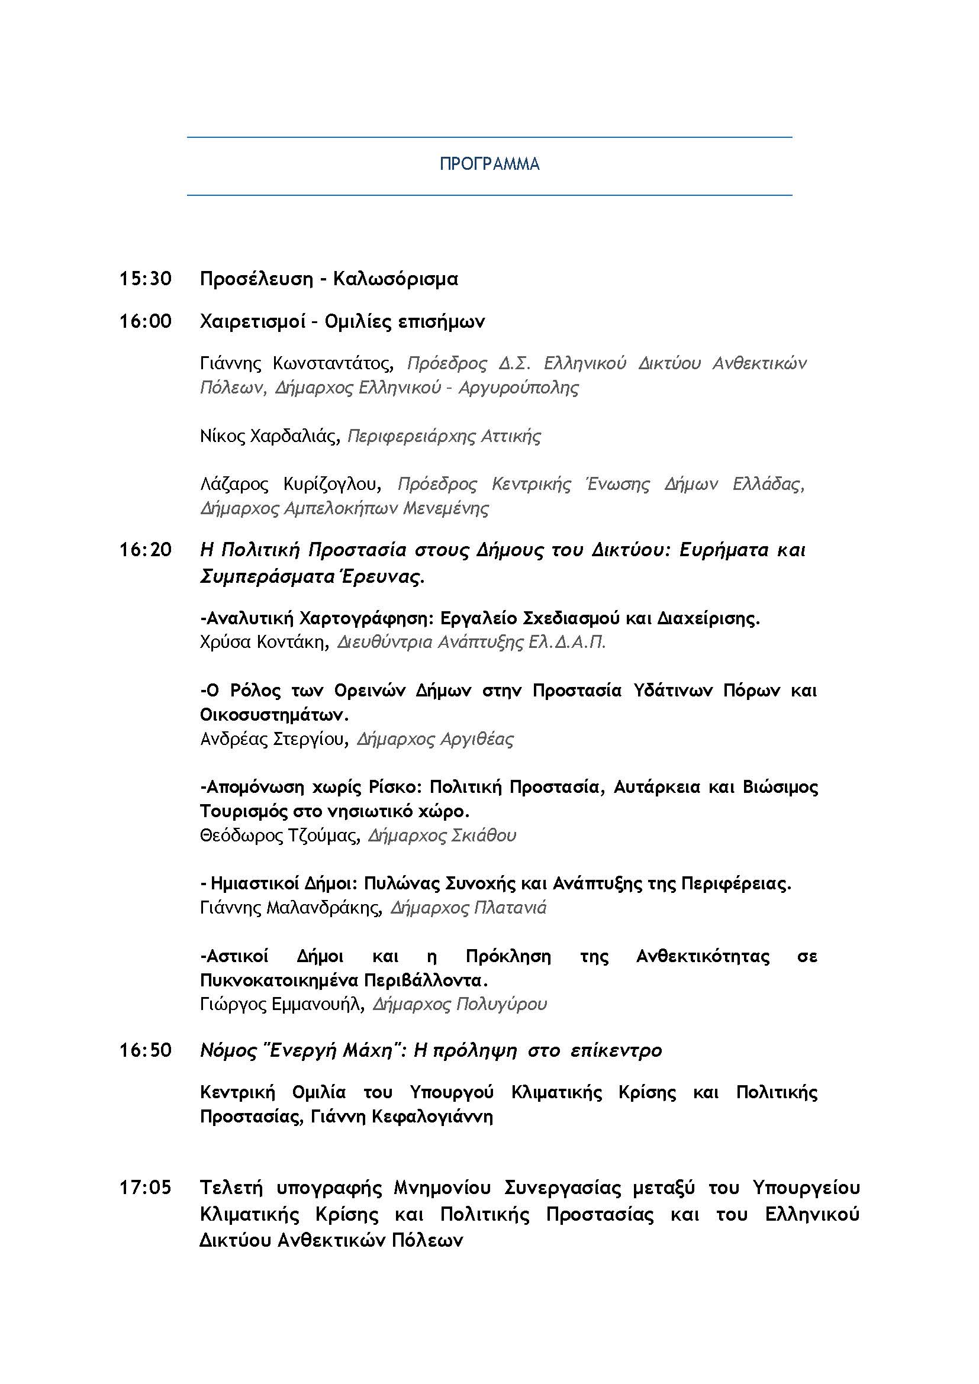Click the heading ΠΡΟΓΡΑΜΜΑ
489,164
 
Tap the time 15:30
145,279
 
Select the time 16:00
145,321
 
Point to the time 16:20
145,550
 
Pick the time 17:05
145,1188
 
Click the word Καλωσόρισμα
395,279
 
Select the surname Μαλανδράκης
324,908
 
